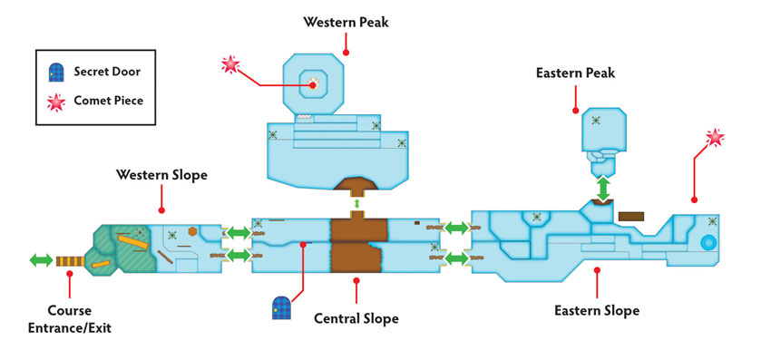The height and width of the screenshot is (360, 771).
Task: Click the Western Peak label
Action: pos(346,22)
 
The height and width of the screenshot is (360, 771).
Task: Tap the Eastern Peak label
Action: pos(575,73)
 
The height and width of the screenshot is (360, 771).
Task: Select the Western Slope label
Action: pos(161,175)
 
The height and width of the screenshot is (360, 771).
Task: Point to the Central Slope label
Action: pos(356,318)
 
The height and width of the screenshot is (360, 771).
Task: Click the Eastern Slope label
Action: pos(597,311)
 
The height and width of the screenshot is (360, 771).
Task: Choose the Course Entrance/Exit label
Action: pos(69,319)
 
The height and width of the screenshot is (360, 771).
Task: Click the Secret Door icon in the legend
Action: pos(56,72)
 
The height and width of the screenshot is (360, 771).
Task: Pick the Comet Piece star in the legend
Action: pos(56,102)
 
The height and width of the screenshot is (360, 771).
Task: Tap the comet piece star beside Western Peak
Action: pos(229,64)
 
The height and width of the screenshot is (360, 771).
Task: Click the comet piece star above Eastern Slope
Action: pos(715,138)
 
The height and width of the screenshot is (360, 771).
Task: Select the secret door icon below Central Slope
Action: pos(282,308)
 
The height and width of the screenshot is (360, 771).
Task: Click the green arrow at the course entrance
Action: pos(42,260)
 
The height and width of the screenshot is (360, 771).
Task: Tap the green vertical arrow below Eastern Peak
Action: pos(603,188)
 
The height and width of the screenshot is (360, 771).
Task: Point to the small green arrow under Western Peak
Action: pos(357,203)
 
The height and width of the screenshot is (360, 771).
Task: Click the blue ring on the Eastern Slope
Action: pos(708,242)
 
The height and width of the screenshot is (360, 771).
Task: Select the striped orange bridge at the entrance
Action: pos(70,261)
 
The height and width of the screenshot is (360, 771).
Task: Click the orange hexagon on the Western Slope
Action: pos(192,231)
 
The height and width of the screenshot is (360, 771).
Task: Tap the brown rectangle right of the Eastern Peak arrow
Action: pos(631,216)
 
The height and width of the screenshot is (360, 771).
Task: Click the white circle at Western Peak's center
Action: pos(313,84)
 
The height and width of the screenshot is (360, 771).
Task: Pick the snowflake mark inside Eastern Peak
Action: pos(595,120)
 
